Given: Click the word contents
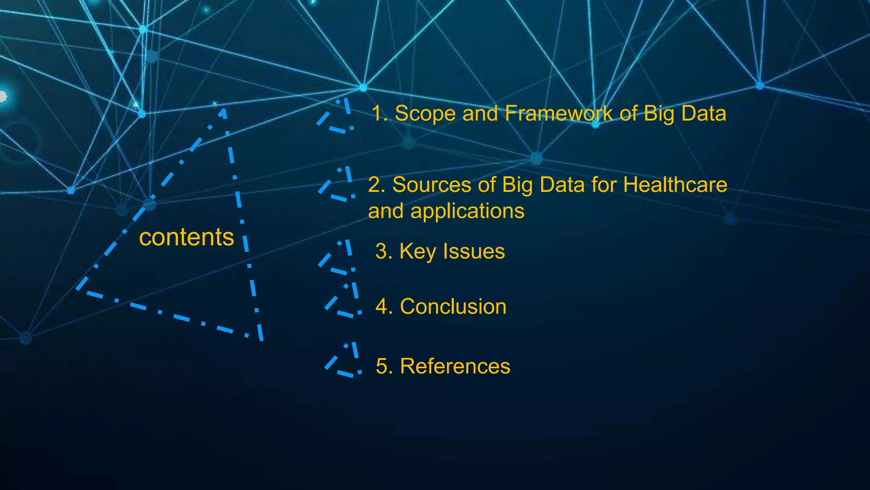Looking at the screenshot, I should pos(186,237).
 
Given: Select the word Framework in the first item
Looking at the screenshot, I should pos(559,114).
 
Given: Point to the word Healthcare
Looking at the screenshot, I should pos(675,185).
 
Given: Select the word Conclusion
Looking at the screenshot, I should pos(453,307).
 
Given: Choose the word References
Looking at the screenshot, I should pos(455,366).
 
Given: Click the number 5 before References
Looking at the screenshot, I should pos(382,366).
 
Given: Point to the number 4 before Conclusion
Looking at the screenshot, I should pos(382,307).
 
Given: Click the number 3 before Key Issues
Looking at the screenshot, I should pos(381,251).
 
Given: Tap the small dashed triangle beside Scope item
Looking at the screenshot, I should pos(338,117).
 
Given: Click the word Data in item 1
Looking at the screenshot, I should pos(703,114).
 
